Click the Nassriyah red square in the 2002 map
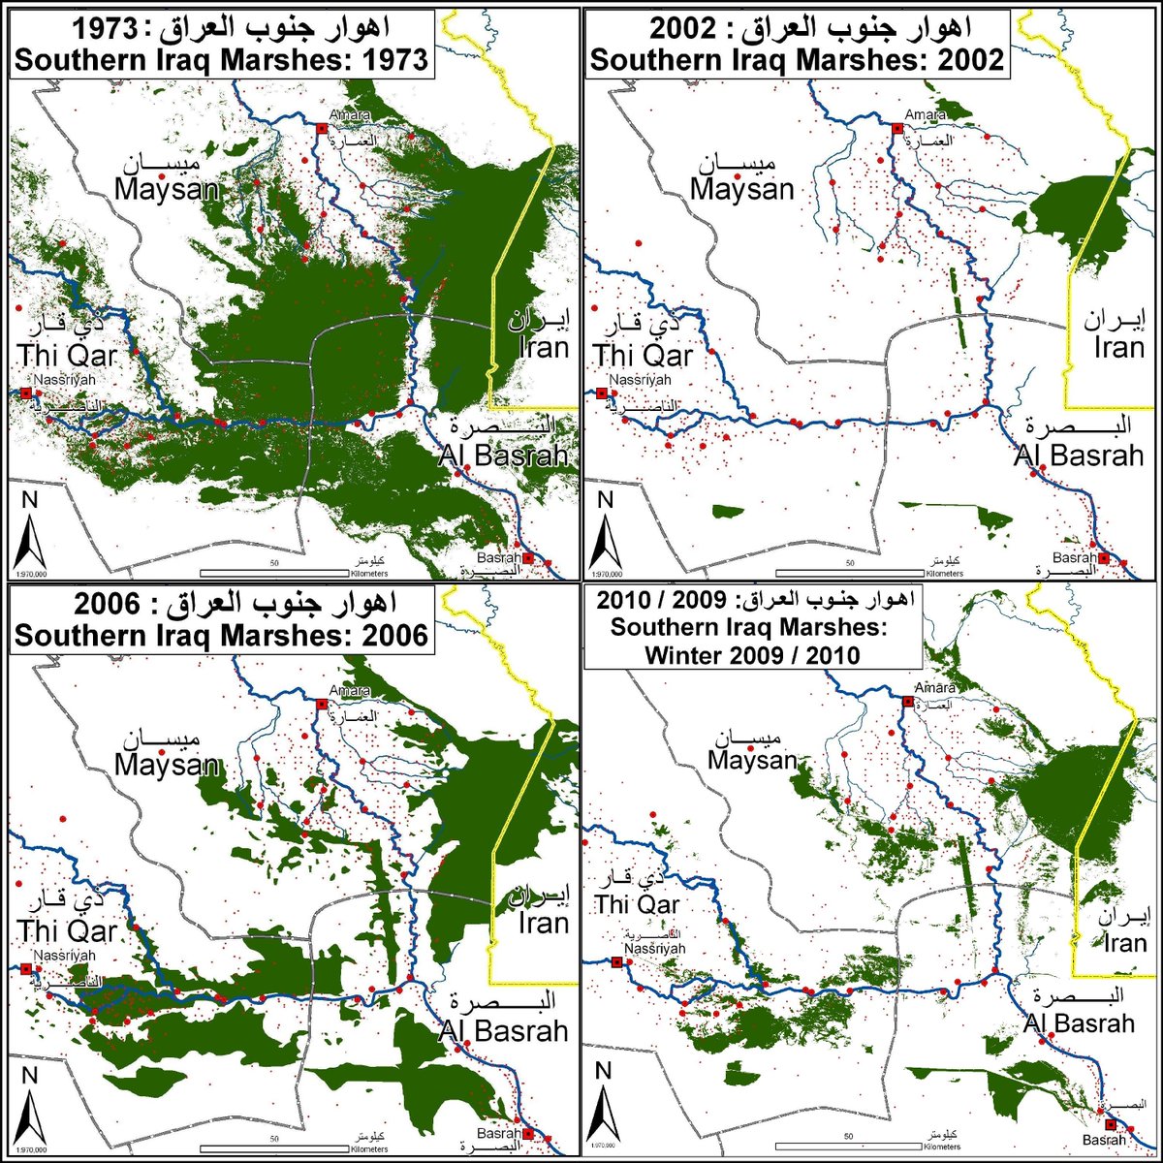[x=601, y=393]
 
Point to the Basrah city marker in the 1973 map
[x=528, y=559]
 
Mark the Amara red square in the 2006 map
[x=322, y=703]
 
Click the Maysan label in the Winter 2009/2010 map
[x=751, y=763]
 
